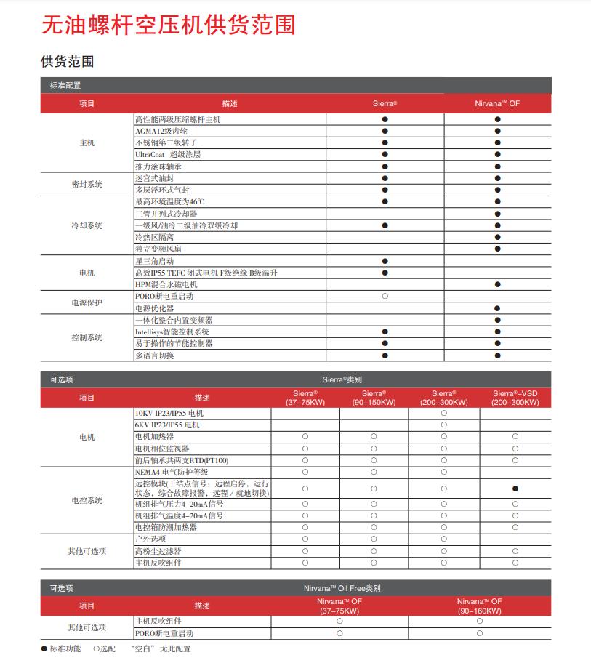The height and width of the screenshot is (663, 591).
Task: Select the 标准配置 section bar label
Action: pos(65,85)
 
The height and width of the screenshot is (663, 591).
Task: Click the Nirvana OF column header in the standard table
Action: pos(497,103)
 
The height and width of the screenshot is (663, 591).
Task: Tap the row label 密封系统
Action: pos(87,184)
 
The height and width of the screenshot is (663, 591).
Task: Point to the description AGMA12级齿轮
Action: pos(161,131)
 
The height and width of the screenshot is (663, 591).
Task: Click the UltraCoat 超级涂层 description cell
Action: pos(168,154)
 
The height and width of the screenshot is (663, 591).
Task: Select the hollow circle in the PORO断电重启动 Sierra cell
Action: pos(385,296)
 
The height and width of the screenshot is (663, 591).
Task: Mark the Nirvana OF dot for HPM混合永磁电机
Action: pos(498,284)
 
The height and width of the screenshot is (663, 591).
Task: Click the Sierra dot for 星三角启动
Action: pos(385,260)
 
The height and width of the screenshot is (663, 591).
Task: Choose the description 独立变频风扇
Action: pos(158,249)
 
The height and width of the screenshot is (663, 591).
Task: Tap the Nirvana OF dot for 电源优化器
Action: pos(498,308)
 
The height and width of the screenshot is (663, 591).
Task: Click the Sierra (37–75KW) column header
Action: pos(305,398)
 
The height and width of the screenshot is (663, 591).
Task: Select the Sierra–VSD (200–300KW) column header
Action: pos(515,398)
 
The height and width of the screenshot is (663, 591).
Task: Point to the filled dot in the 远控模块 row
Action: pos(515,489)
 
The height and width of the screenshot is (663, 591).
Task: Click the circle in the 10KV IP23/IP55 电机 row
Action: pos(443,413)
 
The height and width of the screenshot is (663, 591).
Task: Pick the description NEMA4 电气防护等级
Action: pos(172,472)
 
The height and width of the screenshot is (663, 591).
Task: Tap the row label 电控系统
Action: pos(87,500)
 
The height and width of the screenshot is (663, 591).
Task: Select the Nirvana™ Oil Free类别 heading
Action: pos(342,588)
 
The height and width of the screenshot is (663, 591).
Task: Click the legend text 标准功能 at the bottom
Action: pos(65,648)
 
